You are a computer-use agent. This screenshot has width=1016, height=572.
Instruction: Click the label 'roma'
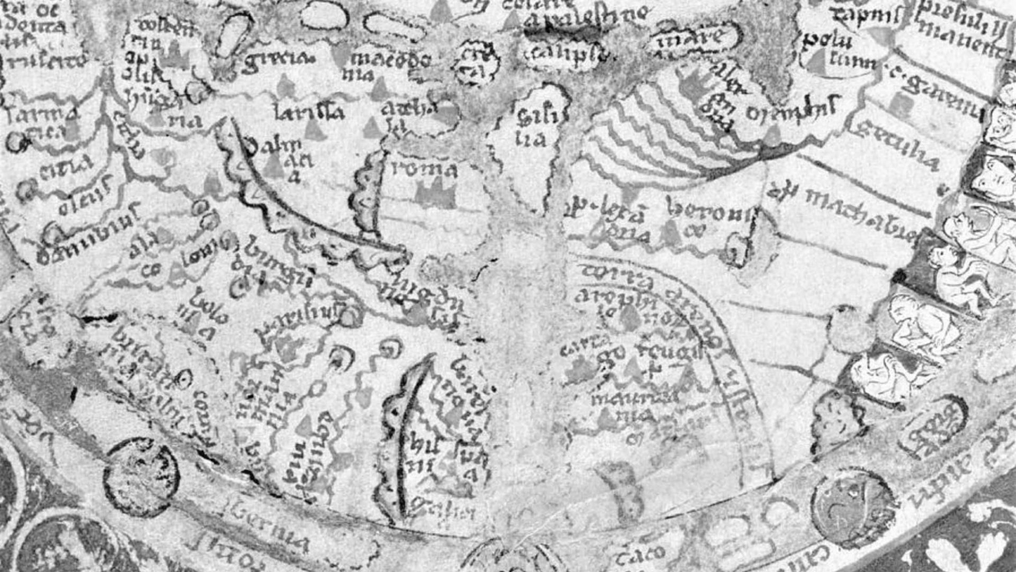423,169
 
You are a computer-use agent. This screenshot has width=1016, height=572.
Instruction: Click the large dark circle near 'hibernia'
141,477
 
